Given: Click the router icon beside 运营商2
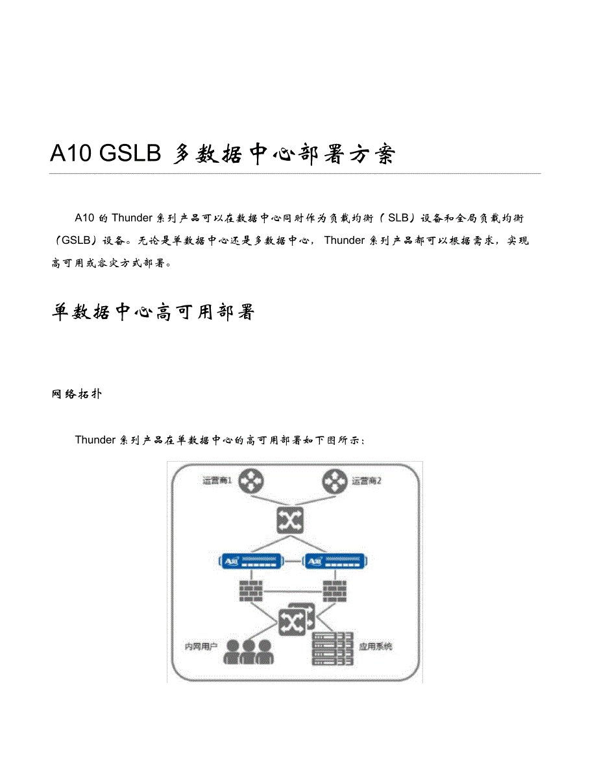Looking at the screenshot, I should [334, 481].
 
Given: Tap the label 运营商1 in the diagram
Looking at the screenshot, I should [218, 481].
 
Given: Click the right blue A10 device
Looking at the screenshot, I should [334, 561].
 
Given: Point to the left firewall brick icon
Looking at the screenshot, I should [250, 590].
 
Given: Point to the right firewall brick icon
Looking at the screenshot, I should [334, 590].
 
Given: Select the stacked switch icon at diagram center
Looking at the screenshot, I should [295, 620].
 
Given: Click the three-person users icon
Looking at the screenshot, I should [247, 652].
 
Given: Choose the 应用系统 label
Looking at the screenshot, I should [376, 647].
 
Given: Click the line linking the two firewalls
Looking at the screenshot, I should [292, 591].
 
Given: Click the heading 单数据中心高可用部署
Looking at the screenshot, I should [153, 313].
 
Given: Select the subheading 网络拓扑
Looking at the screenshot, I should [75, 394].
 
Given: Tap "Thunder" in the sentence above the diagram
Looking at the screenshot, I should [95, 440].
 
